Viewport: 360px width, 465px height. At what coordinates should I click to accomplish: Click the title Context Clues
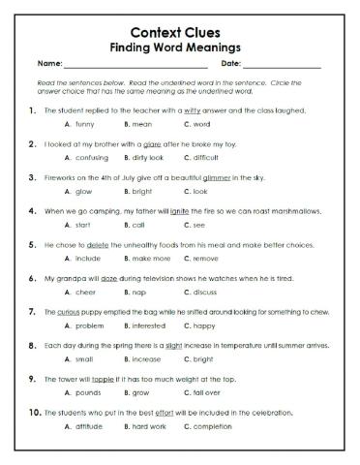tap(180, 29)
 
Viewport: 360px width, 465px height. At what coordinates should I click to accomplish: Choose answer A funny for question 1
tap(84, 125)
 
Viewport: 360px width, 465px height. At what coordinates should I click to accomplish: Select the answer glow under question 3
tap(83, 192)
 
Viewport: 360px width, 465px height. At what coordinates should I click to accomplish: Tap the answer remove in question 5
tap(205, 259)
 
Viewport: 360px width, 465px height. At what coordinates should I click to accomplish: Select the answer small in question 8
tap(84, 360)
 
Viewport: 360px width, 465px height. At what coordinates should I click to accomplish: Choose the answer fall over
tap(208, 394)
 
